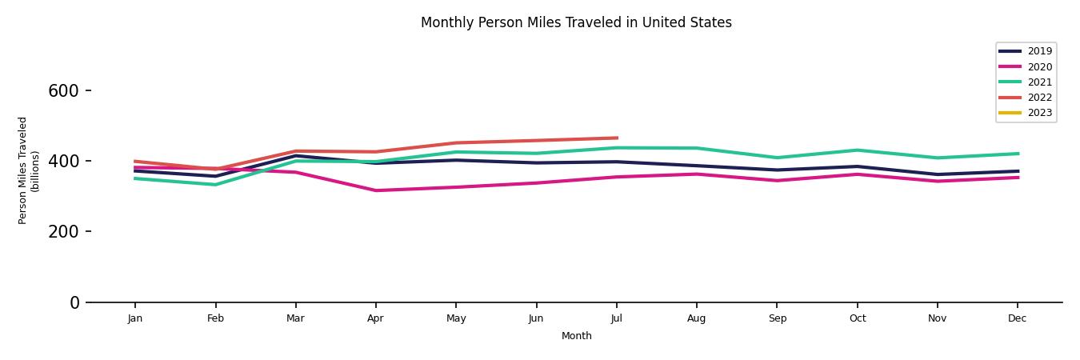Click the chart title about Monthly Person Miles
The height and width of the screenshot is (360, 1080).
576,22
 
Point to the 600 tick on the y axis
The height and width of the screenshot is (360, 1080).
63,91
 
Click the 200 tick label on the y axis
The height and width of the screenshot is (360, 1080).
63,232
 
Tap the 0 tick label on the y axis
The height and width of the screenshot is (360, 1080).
74,302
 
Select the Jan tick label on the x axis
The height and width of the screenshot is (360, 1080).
135,318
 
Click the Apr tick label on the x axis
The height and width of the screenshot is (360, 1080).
375,318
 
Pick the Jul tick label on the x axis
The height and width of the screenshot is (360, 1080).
616,318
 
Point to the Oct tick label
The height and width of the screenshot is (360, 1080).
857,318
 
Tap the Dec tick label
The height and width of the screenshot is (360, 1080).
1017,318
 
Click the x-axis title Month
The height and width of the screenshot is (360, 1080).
576,336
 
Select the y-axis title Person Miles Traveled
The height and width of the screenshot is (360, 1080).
29,170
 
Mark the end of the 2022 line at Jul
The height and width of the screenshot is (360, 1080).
617,138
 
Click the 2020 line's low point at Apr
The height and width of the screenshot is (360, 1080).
375,190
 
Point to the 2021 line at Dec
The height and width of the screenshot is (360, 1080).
1018,154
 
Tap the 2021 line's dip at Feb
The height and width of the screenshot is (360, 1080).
215,185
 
